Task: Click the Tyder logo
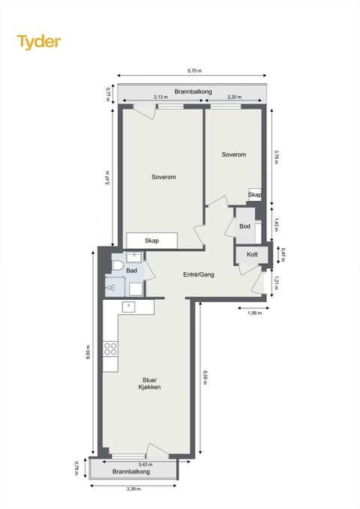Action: point(39,42)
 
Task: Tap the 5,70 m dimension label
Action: point(194,70)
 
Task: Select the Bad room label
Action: point(131,271)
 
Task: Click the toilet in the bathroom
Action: point(118,265)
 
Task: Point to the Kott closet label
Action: point(252,255)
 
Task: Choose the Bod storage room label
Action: point(244,226)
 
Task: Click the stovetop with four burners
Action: point(110,349)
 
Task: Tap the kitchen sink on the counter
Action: point(129,307)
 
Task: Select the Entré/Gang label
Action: point(199,274)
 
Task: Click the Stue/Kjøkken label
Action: point(149,383)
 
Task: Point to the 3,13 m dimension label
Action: point(160,97)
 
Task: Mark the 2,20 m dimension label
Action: point(234,97)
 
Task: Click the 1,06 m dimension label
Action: point(254,313)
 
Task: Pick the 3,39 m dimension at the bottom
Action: point(133,489)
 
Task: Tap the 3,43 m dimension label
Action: point(145,465)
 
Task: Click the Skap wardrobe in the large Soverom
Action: point(151,241)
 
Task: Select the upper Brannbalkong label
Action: point(193,91)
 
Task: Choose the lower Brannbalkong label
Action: point(131,472)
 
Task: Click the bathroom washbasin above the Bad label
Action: point(133,257)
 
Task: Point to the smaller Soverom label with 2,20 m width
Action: point(234,154)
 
